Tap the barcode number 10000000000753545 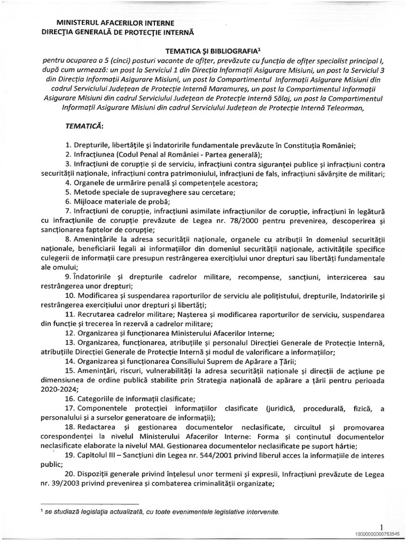[377, 534]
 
